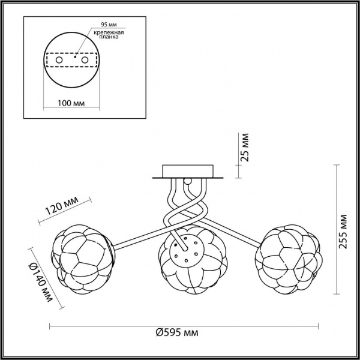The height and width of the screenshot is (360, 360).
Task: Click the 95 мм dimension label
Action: (x=109, y=25)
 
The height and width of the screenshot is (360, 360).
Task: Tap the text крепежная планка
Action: (x=109, y=34)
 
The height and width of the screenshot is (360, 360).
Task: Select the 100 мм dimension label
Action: (x=71, y=103)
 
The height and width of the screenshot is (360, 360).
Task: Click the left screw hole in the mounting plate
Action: (x=59, y=60)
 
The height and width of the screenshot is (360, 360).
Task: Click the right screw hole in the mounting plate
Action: (x=85, y=60)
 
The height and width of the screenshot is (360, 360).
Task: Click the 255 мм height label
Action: (x=343, y=232)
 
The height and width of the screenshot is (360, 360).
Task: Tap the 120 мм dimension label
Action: (x=62, y=205)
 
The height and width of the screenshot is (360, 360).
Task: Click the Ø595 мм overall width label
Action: (x=177, y=332)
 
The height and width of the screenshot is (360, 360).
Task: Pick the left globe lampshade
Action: (x=83, y=259)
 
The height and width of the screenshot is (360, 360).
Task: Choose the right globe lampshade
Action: (x=289, y=259)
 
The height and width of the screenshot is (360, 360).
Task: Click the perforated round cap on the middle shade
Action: (x=187, y=251)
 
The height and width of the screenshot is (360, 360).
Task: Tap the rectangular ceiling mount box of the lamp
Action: (x=188, y=171)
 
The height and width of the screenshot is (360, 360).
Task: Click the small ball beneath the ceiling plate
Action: (x=188, y=181)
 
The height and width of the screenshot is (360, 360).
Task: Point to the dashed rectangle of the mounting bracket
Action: (x=71, y=60)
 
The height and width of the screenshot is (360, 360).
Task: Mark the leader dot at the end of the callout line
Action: (x=75, y=57)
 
